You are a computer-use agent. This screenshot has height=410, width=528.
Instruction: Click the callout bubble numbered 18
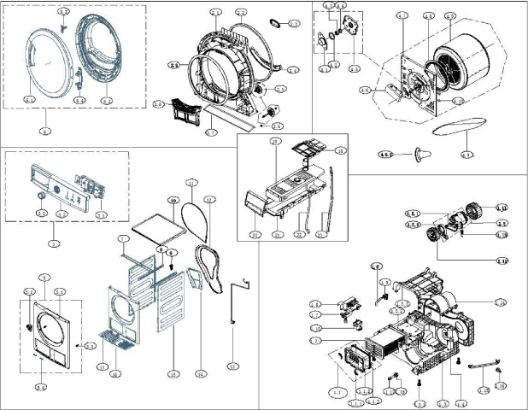340,150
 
